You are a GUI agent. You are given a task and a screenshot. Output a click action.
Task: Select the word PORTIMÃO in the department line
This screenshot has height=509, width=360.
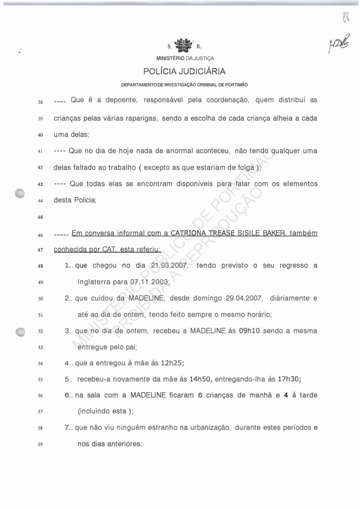pos(235,85)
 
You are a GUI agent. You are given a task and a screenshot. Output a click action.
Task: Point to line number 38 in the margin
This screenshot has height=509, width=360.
pos(40,102)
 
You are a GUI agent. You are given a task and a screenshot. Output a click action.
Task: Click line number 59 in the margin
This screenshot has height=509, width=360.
pos(40,445)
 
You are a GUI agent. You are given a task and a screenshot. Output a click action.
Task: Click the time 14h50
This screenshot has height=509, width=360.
pos(201,379)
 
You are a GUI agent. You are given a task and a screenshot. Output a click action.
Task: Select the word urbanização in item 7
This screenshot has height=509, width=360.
pos(211,428)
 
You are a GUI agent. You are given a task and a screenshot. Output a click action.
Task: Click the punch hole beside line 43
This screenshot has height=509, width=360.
pos(20,193)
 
